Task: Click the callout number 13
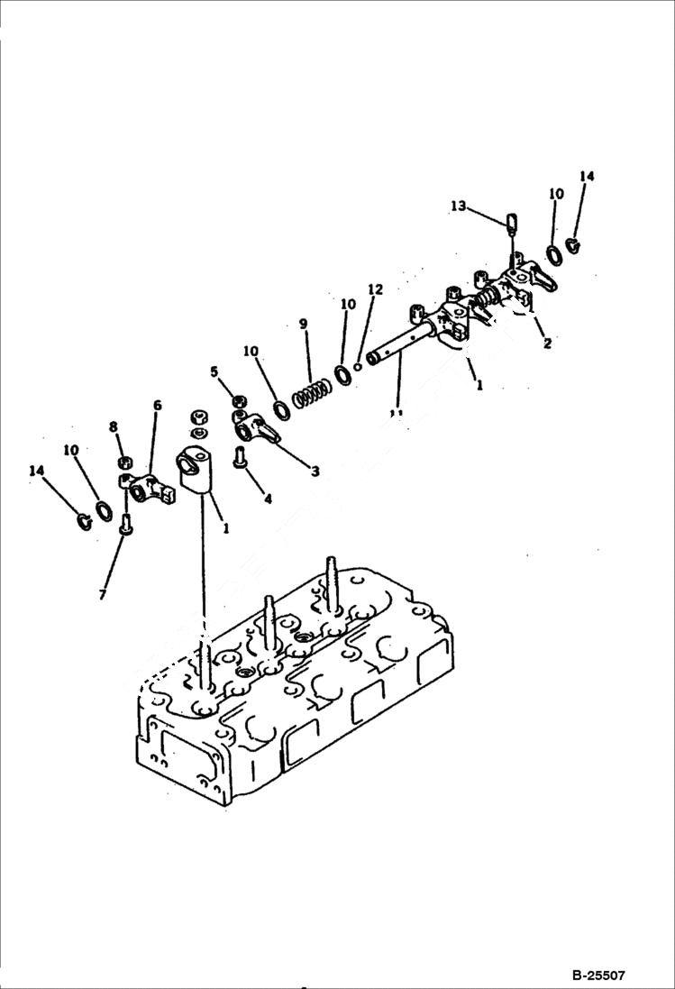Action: (458, 206)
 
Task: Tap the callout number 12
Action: (375, 289)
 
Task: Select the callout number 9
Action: (304, 324)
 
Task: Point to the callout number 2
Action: (546, 343)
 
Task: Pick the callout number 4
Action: (265, 498)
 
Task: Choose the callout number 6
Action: (157, 406)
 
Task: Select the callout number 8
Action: (114, 426)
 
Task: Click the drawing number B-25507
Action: (597, 975)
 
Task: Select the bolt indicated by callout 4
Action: (242, 457)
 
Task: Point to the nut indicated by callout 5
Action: (239, 401)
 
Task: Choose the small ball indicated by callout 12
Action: (358, 366)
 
